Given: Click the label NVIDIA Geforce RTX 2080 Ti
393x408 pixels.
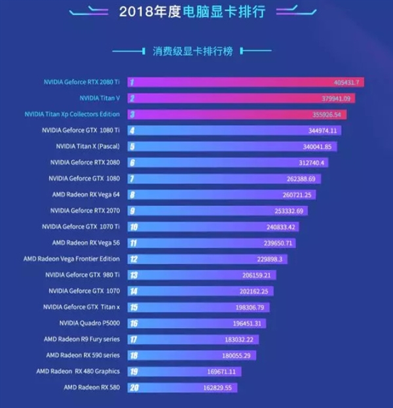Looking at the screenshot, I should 81,82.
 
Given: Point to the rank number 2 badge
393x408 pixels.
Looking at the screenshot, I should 132,98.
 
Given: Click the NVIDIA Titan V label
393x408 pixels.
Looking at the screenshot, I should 100,98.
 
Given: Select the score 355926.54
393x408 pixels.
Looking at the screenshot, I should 327,114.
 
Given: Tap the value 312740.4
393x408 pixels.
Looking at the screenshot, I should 307,162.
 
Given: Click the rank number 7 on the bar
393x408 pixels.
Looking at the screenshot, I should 132,178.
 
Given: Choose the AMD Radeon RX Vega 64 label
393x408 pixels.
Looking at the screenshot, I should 85,194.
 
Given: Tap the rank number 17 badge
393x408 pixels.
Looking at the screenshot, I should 133,339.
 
